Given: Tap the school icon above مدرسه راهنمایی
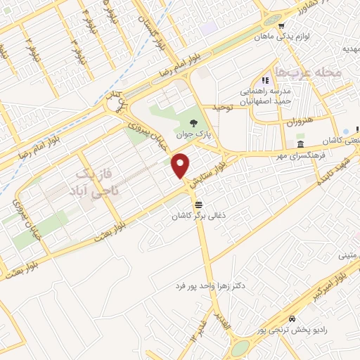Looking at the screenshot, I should point(265,81).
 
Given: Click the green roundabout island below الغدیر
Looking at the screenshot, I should point(240,348).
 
